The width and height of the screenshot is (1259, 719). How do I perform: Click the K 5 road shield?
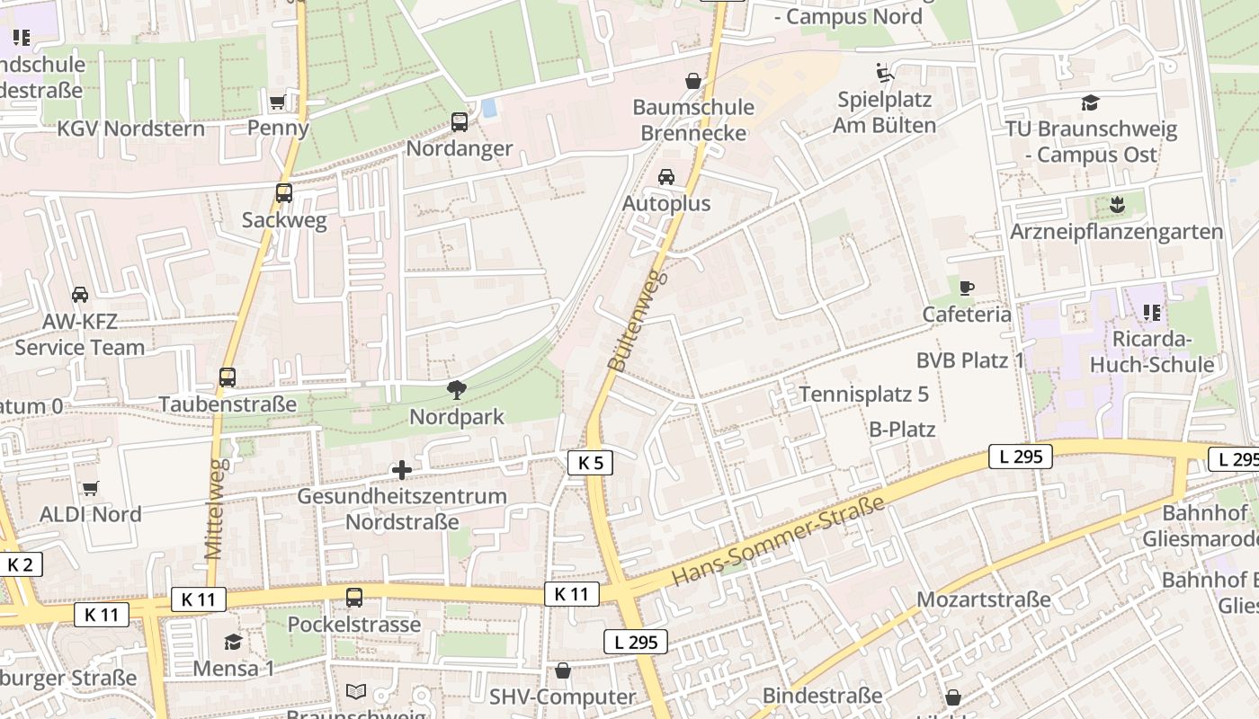[x=590, y=463]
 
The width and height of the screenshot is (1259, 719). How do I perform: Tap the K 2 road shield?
[x=20, y=564]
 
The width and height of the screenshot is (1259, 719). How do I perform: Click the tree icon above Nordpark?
[x=457, y=390]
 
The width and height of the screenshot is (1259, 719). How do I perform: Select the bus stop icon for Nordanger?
[x=460, y=122]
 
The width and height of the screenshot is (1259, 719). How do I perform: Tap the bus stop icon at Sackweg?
[x=284, y=193]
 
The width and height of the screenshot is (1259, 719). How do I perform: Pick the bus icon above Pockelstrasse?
[x=354, y=598]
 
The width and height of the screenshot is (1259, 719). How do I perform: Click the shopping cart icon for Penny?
[x=278, y=102]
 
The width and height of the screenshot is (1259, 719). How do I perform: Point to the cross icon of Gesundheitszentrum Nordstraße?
[x=402, y=470]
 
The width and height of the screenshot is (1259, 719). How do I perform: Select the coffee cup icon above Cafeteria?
[x=967, y=288]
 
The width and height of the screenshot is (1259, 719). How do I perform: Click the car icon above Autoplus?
[x=666, y=177]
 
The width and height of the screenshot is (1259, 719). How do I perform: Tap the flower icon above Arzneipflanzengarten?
[x=1116, y=205]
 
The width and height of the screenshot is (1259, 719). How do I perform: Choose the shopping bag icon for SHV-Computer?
[x=563, y=670]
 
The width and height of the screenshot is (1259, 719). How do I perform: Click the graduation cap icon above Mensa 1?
[x=234, y=642]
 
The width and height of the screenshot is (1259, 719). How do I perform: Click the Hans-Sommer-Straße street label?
[x=779, y=541]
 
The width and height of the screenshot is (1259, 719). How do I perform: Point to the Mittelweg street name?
[x=214, y=509]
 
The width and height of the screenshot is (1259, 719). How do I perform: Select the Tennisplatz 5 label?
[x=863, y=395]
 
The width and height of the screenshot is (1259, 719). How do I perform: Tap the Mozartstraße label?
[x=983, y=599]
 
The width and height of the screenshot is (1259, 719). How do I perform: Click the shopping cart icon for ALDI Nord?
[x=90, y=488]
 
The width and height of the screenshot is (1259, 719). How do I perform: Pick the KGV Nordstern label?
[x=130, y=129]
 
